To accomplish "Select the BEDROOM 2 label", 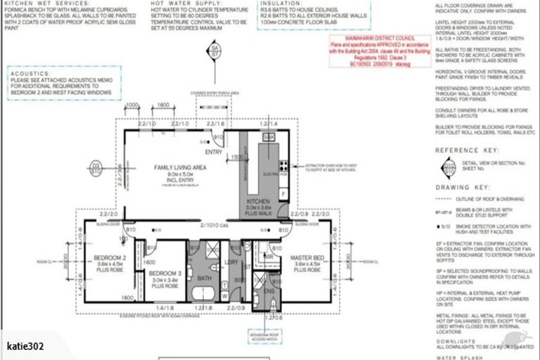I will [109, 257].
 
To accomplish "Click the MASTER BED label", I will [308, 259].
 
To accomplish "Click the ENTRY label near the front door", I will [213, 150].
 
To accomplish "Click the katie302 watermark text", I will [26, 346].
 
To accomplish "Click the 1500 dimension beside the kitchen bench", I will [239, 157].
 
